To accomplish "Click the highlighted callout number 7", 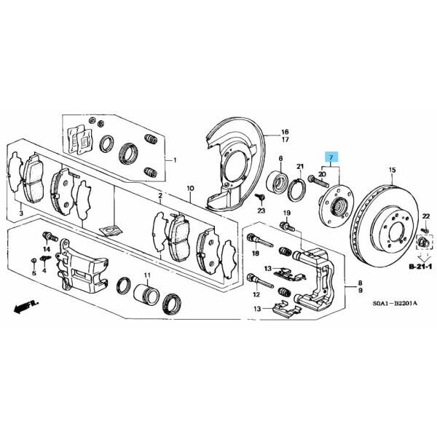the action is pos(331,158).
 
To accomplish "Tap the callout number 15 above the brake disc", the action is pos(392,170).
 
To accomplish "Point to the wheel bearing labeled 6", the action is pos(278,181).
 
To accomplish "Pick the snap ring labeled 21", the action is pos(297,189).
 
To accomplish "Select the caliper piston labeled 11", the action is pos(146,295).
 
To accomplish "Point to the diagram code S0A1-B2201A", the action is pos(395,303).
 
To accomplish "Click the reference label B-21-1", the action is pos(420,267).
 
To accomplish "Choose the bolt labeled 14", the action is pos(50,237).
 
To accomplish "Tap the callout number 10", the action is pos(190,189).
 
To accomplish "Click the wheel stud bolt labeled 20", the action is pos(319,181).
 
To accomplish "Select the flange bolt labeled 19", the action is pos(287,226).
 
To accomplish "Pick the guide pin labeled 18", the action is pos(260,240).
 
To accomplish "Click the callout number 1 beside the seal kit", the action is pos(175,160).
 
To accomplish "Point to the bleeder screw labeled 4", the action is pos(45,258).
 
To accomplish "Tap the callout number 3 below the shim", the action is pos(21,213).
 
